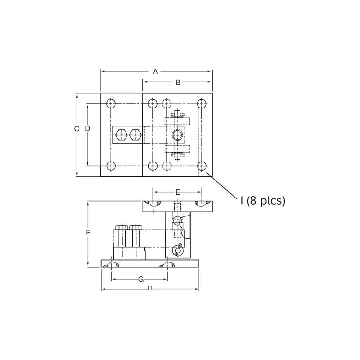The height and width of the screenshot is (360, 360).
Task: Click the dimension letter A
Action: coord(155,72)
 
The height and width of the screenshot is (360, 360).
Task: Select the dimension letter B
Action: coord(178,82)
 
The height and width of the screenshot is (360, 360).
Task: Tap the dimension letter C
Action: coord(76,129)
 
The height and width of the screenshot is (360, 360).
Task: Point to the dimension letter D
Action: coord(88,129)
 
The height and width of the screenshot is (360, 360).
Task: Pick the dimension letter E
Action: coord(178,192)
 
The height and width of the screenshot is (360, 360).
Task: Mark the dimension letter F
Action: coord(88,233)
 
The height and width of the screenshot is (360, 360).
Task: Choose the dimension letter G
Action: coord(141,279)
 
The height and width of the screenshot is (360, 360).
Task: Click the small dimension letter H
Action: coord(150,288)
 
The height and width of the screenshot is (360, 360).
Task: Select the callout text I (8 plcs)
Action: coord(263,201)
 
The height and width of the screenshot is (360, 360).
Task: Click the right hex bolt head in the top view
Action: coord(135,135)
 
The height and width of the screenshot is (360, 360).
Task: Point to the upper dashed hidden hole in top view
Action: coord(167,104)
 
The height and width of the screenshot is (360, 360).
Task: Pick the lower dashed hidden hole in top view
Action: coord(167,166)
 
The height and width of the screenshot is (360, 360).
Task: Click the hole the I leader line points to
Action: coord(202,166)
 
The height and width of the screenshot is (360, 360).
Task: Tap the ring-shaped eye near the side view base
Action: coord(178,250)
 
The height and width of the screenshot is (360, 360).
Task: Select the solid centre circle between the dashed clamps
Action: coord(178,135)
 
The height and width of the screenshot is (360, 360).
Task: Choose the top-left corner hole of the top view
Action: coord(111,104)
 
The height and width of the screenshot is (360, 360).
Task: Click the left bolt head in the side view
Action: coord(121,227)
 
